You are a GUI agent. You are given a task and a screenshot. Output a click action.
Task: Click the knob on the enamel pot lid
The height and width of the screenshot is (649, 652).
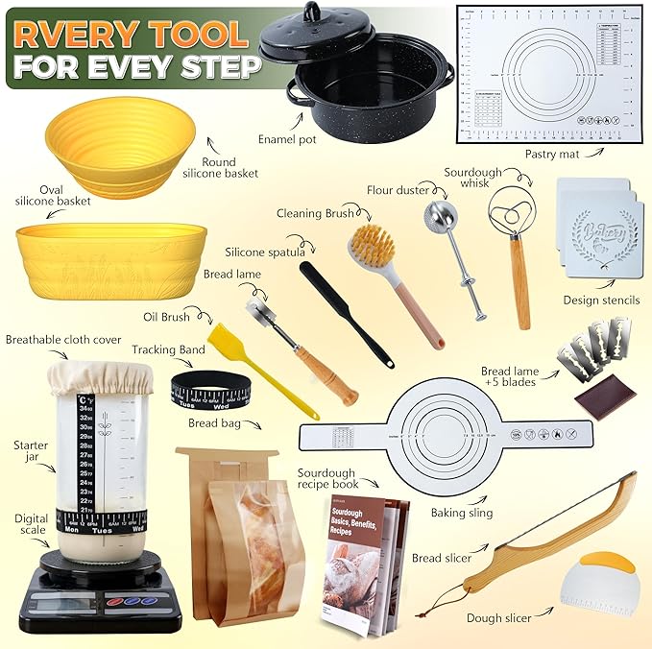tap(312, 12)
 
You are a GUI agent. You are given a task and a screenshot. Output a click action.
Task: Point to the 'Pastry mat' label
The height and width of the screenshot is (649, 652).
tap(552, 153)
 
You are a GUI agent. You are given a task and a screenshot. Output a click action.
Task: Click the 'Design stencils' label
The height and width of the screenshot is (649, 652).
tap(601, 300)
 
